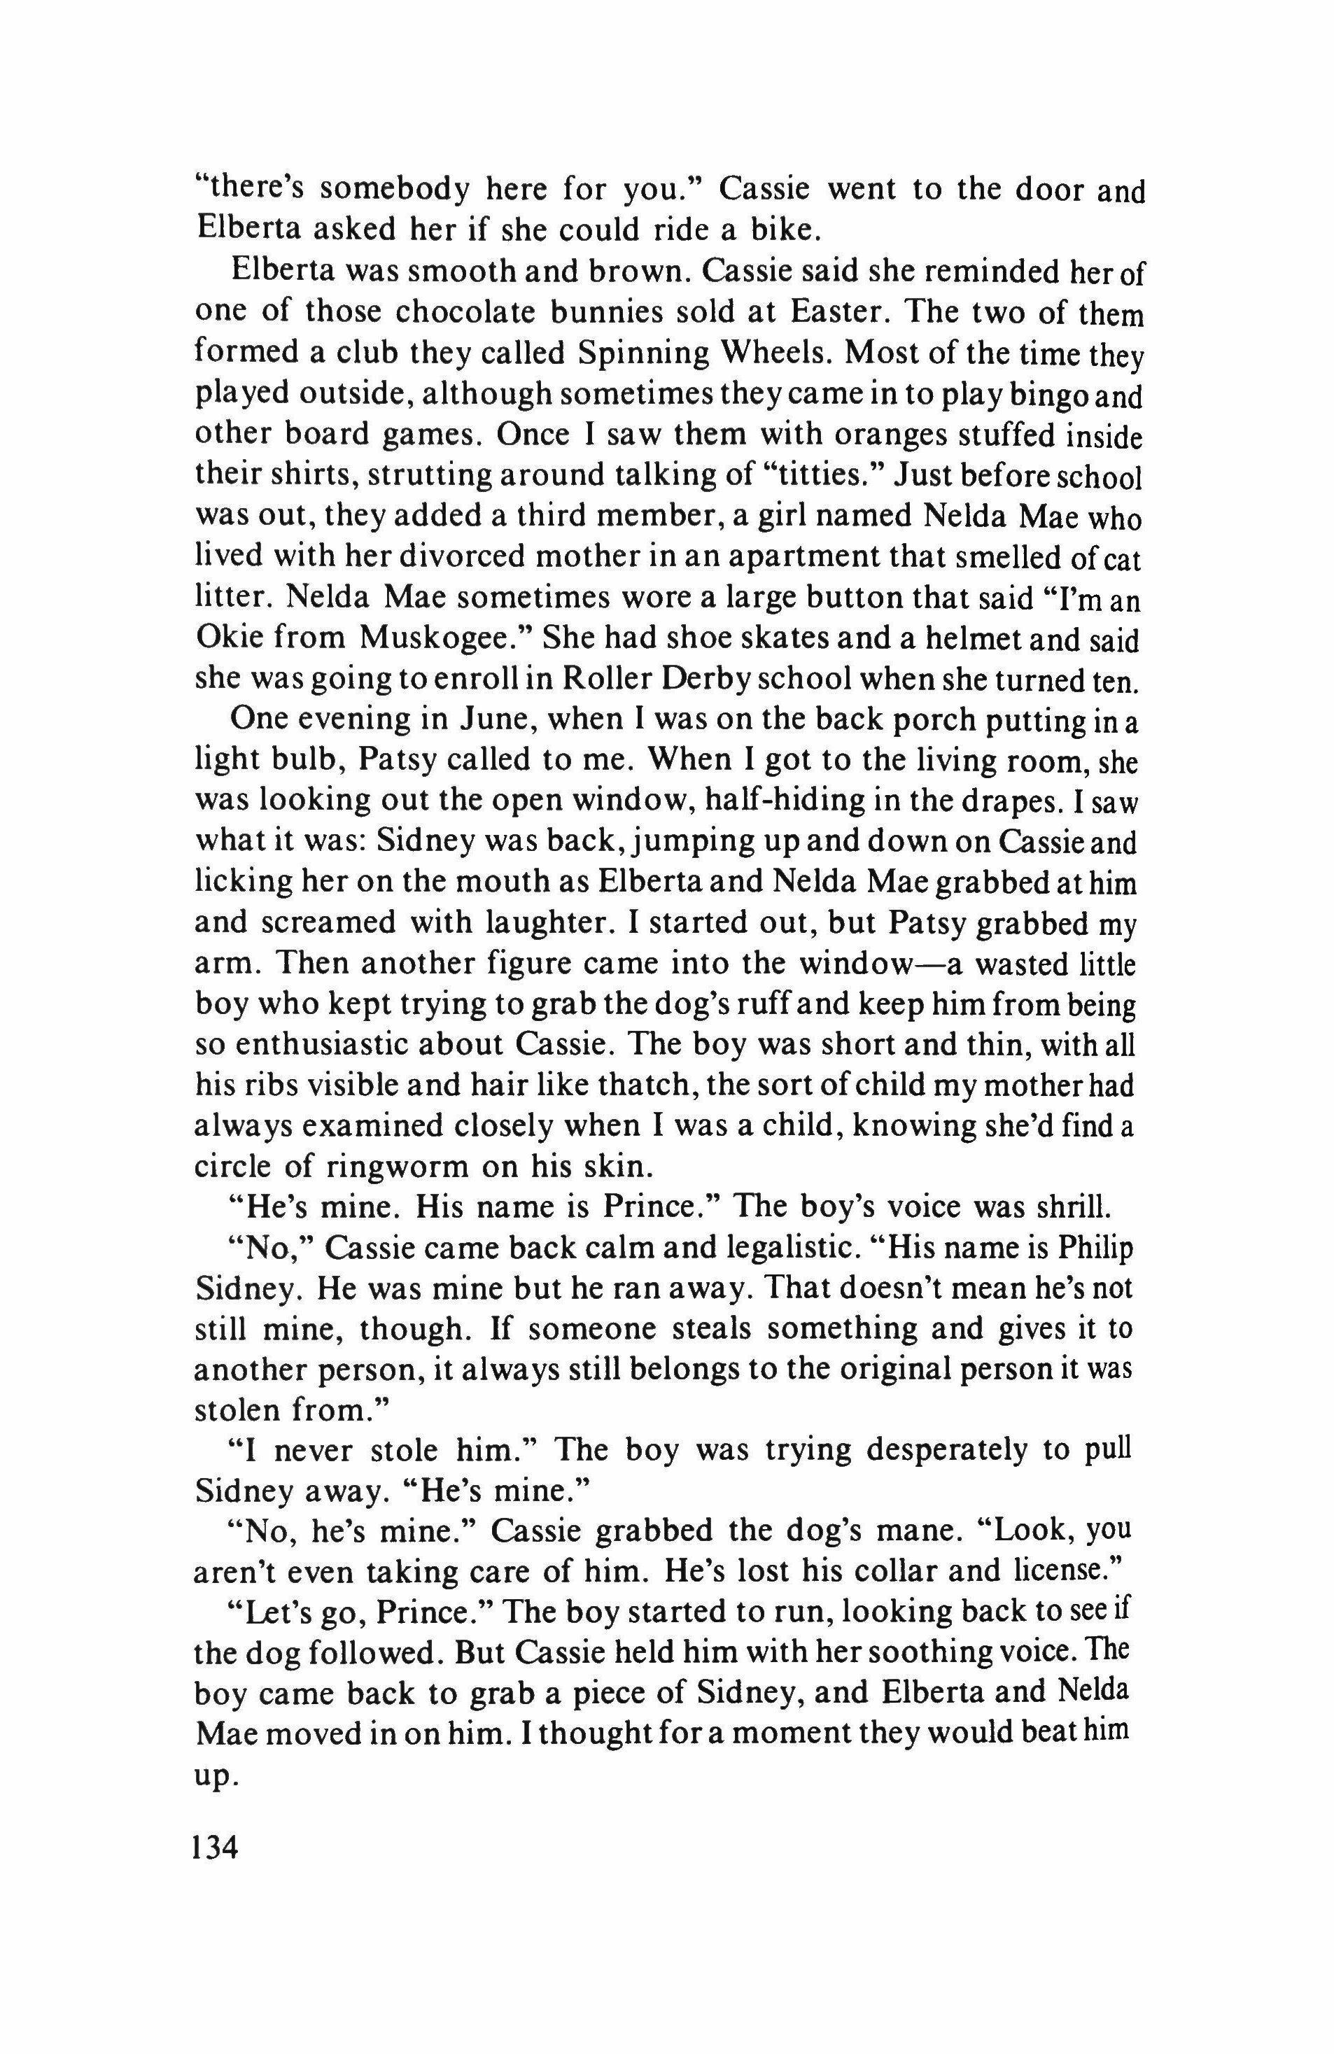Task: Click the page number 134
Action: click(x=216, y=1849)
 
